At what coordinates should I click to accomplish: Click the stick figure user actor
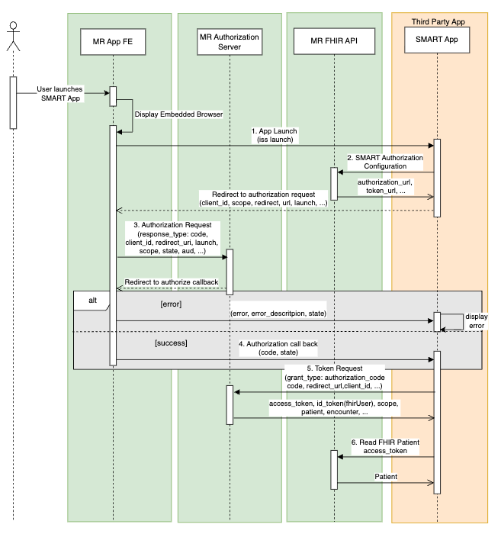12,38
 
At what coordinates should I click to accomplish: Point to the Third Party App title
438,21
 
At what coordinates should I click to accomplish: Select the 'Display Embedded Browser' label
178,114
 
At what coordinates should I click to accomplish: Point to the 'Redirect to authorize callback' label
171,281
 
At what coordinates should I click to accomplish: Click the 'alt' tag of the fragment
92,300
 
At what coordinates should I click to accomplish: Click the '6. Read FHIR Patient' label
386,446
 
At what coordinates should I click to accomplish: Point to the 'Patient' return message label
386,476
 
